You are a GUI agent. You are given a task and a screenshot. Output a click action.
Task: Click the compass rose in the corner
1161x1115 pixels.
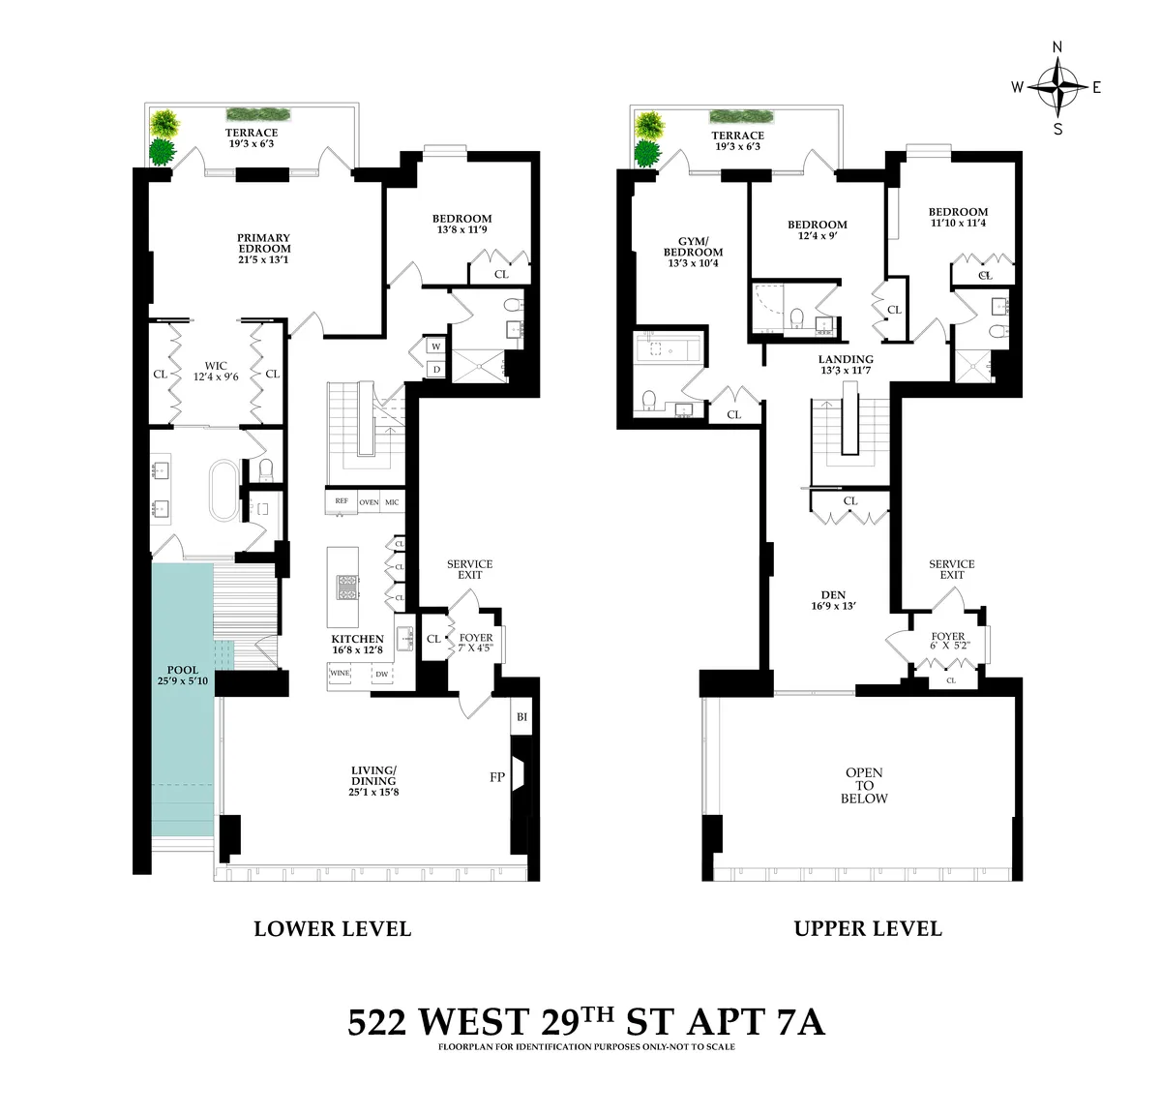click(x=1059, y=87)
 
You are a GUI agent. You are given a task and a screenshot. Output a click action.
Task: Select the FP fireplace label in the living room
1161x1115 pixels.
click(x=497, y=776)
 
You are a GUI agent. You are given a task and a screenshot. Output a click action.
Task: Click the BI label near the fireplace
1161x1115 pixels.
click(x=521, y=717)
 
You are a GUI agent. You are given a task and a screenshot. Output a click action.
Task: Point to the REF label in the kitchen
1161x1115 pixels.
click(x=341, y=501)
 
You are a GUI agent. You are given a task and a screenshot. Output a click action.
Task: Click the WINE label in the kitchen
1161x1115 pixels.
click(x=341, y=672)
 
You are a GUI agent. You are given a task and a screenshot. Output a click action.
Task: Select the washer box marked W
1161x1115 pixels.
click(x=435, y=346)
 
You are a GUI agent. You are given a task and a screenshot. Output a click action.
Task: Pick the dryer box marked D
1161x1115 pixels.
click(x=435, y=369)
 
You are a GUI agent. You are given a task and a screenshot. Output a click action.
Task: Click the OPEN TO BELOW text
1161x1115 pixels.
click(x=864, y=786)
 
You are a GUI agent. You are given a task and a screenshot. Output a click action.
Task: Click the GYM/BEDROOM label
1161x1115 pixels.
click(x=694, y=246)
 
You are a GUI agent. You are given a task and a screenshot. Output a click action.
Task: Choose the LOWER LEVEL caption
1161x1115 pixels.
click(x=332, y=928)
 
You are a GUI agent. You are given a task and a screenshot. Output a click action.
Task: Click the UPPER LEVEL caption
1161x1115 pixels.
click(x=868, y=928)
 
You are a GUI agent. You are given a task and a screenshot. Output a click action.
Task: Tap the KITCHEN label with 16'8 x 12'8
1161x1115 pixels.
click(x=357, y=645)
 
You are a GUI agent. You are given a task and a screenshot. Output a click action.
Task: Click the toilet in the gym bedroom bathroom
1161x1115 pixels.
click(x=650, y=398)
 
